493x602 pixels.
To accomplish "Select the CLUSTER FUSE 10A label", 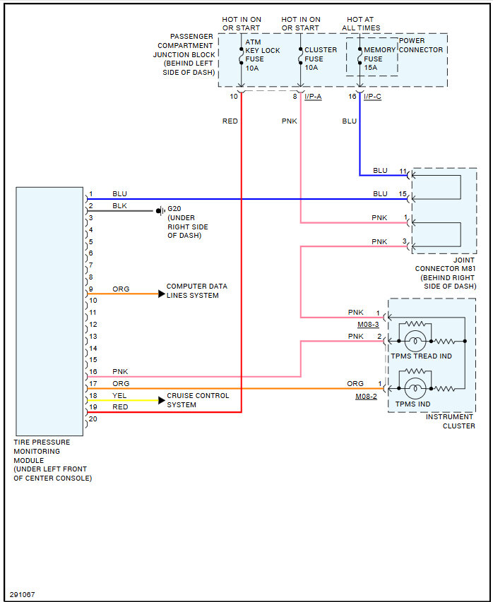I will tap(321, 59).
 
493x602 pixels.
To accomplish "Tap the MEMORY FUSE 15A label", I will tap(379, 59).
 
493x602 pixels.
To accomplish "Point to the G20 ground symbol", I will tap(160, 210).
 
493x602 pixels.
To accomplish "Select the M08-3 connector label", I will tap(368, 325).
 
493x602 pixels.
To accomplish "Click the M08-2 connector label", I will tap(366, 397).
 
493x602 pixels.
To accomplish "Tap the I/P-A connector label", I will tap(313, 97).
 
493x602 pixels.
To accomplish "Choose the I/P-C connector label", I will tap(372, 97).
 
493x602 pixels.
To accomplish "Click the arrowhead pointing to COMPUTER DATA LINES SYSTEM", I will tap(161, 293).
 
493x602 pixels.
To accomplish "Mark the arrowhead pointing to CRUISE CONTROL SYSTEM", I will tap(161, 400).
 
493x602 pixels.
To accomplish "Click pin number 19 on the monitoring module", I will tap(93, 407).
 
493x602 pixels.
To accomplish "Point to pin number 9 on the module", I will tap(90, 289).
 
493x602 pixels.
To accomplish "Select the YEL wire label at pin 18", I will tap(120, 396).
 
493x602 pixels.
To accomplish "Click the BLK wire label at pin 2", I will tap(120, 206).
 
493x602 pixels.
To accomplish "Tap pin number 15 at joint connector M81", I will tap(403, 193).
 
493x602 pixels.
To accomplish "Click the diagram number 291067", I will tap(22, 594).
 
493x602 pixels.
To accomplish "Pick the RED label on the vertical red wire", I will tap(230, 121).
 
